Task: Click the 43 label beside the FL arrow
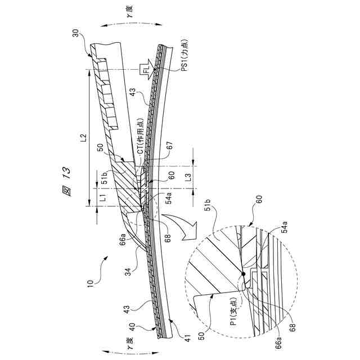(x=133, y=91)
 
